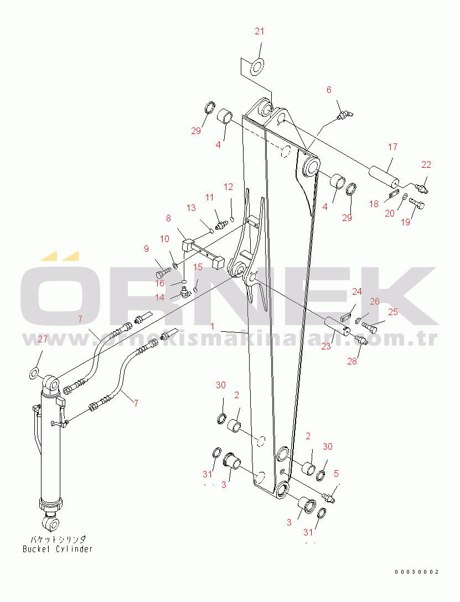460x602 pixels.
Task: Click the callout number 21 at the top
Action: [x=260, y=32]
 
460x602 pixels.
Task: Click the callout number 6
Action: [x=329, y=90]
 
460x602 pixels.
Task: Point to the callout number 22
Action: [x=426, y=164]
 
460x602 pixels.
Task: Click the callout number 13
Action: [x=191, y=208]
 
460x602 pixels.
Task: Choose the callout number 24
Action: [x=357, y=291]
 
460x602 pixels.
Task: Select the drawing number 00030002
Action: [x=416, y=572]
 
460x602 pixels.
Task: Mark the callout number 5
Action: [x=336, y=474]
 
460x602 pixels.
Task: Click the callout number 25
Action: [x=392, y=312]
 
